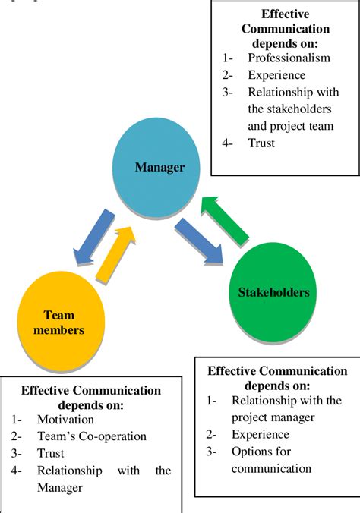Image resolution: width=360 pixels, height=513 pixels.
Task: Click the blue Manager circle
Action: click(159, 167)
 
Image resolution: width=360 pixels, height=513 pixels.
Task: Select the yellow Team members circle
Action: click(58, 321)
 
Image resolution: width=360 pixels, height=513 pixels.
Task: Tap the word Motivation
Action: click(65, 419)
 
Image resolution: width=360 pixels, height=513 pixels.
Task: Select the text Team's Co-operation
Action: click(91, 436)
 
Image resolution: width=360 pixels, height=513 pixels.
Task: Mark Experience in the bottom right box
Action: click(260, 434)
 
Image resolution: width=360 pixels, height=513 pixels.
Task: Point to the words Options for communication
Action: click(271, 460)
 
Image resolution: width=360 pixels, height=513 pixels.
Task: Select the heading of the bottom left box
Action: click(90, 397)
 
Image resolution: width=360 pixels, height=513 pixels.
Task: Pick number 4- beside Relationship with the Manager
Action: click(17, 471)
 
